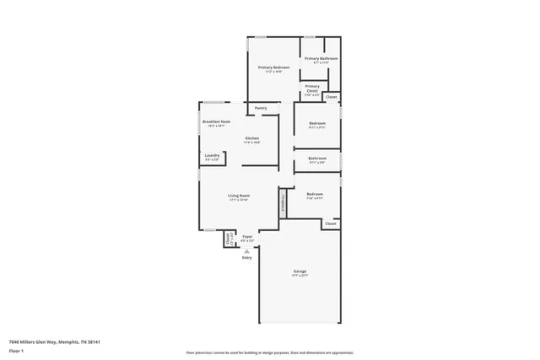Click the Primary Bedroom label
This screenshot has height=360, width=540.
pyautogui.click(x=273, y=68)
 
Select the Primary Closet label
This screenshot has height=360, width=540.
pyautogui.click(x=311, y=89)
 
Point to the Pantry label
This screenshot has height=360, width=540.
pyautogui.click(x=261, y=108)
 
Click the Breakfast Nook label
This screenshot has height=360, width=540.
pyautogui.click(x=216, y=123)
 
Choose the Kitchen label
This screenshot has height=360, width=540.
pyautogui.click(x=251, y=140)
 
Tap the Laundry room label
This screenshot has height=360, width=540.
pyautogui.click(x=212, y=156)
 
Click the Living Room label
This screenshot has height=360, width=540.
pyautogui.click(x=239, y=198)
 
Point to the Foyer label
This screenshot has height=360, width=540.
pyautogui.click(x=247, y=238)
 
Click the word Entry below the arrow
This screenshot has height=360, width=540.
pyautogui.click(x=247, y=257)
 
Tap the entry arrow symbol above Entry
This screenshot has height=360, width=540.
pyautogui.click(x=247, y=250)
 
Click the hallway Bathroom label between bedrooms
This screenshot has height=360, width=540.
pyautogui.click(x=317, y=159)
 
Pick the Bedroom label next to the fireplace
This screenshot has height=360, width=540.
pyautogui.click(x=315, y=196)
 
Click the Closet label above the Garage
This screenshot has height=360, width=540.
pyautogui.click(x=331, y=223)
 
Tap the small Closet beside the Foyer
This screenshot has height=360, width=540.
pyautogui.click(x=228, y=239)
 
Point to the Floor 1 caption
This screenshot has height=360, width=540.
pyautogui.click(x=16, y=351)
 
